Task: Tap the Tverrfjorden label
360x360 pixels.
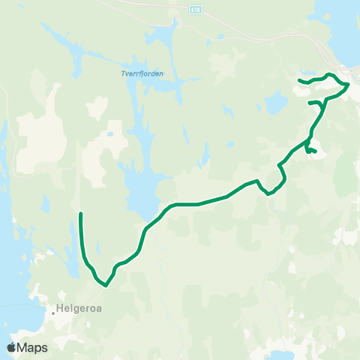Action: pyautogui.click(x=142, y=73)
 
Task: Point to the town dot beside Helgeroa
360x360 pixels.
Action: pyautogui.click(x=55, y=306)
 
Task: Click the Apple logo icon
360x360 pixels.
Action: pyautogui.click(x=11, y=348)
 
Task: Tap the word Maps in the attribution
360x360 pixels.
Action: pyautogui.click(x=33, y=348)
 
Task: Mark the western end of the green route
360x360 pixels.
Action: pyautogui.click(x=80, y=214)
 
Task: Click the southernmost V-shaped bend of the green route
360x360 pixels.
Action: pyautogui.click(x=106, y=285)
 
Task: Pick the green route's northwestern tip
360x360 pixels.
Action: pyautogui.click(x=299, y=79)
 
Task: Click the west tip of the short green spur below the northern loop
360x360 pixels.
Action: pyautogui.click(x=310, y=102)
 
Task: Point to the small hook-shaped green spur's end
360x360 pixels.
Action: pyautogui.click(x=316, y=152)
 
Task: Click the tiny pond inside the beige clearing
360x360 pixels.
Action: pyautogui.click(x=109, y=135)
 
